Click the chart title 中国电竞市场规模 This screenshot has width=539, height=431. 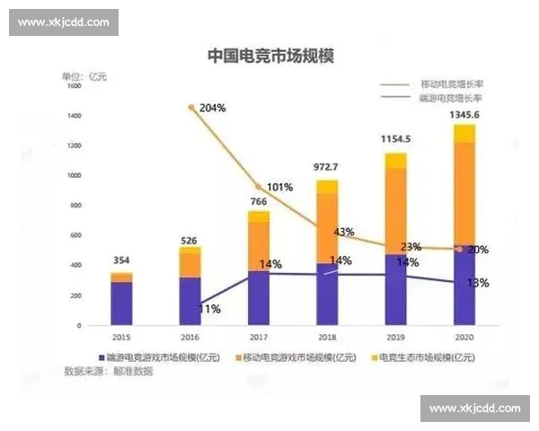point(269,56)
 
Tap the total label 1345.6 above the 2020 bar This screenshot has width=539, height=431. point(464,116)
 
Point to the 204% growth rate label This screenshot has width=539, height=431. point(212,108)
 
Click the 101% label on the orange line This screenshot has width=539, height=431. point(279,188)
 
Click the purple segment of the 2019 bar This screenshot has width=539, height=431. point(395,289)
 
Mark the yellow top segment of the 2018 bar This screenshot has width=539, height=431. point(327,187)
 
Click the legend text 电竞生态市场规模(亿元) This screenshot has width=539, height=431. point(428,357)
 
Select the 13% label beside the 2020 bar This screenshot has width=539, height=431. point(478,283)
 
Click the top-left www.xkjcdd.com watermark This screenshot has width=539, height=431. point(64,22)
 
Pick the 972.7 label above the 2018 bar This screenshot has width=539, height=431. point(327,168)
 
